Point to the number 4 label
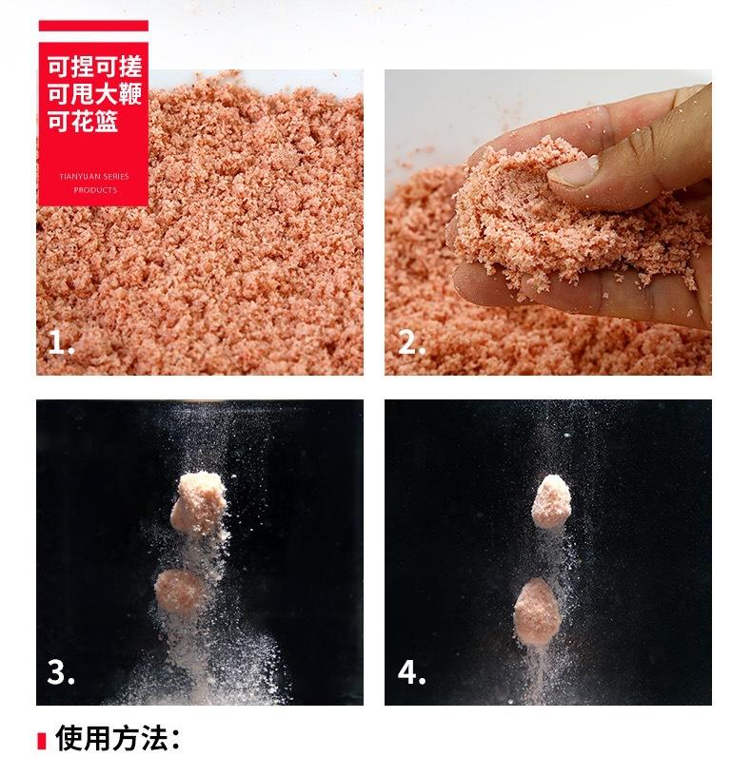(411, 672)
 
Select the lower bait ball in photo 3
(182, 592)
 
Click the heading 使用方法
(118, 737)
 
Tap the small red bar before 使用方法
(41, 738)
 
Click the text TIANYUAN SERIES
(93, 176)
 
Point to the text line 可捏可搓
(93, 69)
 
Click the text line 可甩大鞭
(93, 96)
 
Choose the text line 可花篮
(82, 123)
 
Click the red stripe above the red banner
(93, 25)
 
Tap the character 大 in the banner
(106, 96)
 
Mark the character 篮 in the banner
(106, 123)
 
